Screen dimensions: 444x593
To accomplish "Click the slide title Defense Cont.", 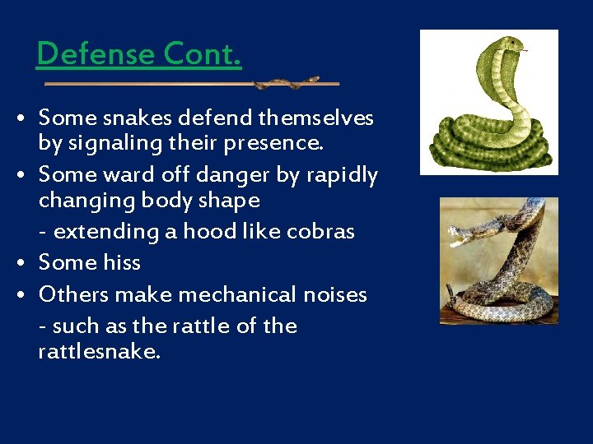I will coord(139,54).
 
